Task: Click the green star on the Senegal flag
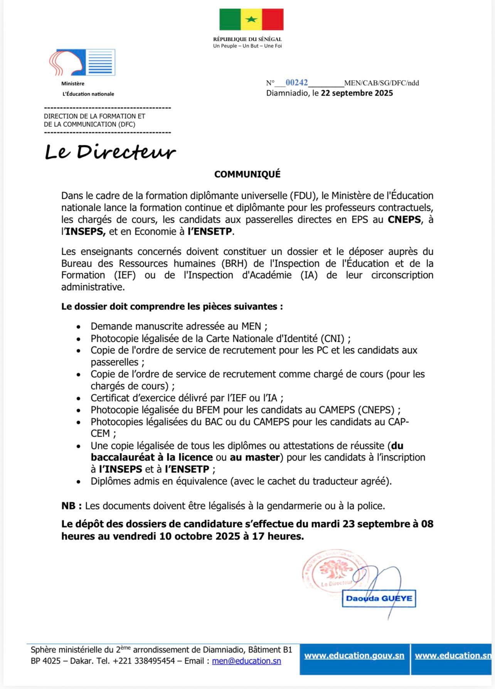[x=251, y=20]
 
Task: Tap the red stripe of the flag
[x=273, y=20]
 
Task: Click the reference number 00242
[x=296, y=82]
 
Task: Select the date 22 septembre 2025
[x=357, y=93]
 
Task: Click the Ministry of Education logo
[x=82, y=62]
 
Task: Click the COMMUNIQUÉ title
[x=247, y=174]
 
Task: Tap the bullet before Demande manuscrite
[x=79, y=327]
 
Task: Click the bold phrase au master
[x=254, y=457]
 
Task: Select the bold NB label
[x=71, y=506]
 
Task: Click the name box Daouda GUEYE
[x=379, y=598]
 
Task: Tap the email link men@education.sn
[x=246, y=661]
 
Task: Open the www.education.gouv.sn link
[x=354, y=655]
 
